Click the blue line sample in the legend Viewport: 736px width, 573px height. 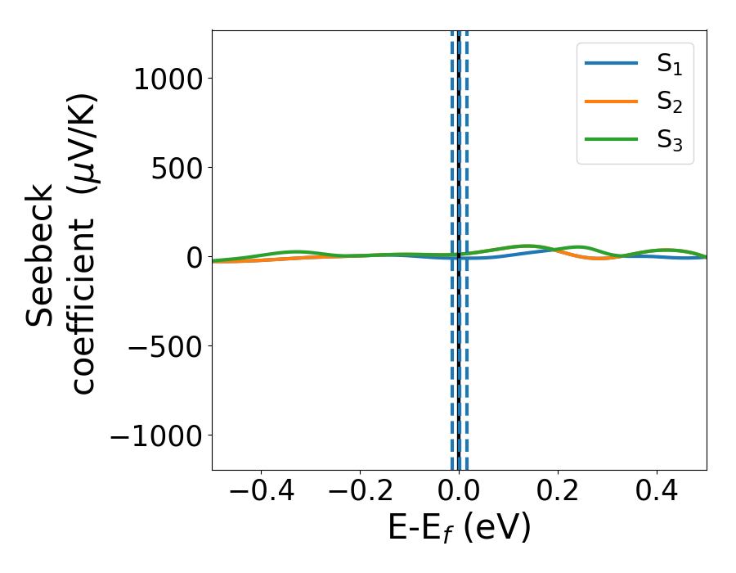click(611, 64)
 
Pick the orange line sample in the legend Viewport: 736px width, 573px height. click(611, 102)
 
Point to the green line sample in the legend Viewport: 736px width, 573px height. click(611, 139)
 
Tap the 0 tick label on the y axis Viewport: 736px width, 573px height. click(193, 257)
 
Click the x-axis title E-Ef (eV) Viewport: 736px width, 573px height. click(459, 529)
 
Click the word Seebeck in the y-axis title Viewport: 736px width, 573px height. click(41, 255)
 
